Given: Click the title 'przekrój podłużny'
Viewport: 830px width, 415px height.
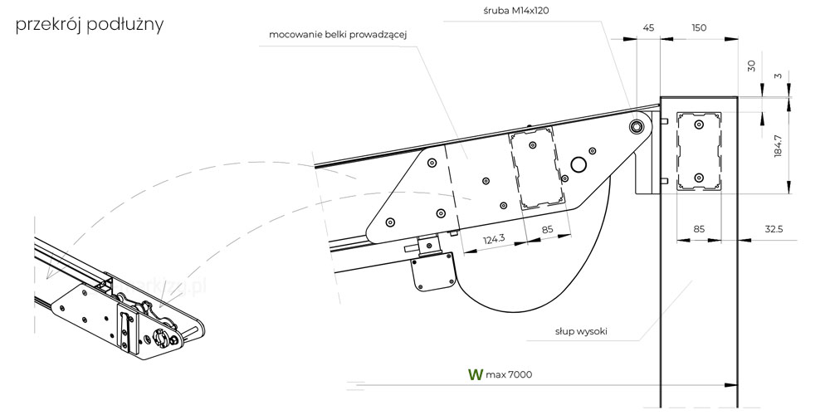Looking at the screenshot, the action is coord(90,25).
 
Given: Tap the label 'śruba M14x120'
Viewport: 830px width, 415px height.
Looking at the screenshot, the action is coord(511,11).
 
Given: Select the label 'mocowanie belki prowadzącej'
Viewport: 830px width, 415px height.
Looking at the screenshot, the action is coord(341,35).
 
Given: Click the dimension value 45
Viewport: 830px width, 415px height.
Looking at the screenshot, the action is coord(648,27).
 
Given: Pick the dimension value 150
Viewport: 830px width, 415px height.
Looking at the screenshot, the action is coord(699,27).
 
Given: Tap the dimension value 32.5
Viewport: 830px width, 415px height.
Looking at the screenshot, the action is coord(774,229).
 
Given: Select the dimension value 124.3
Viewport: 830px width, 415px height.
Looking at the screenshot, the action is coord(494,239).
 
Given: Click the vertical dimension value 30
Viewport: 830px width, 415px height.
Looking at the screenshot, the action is coord(752,66).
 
